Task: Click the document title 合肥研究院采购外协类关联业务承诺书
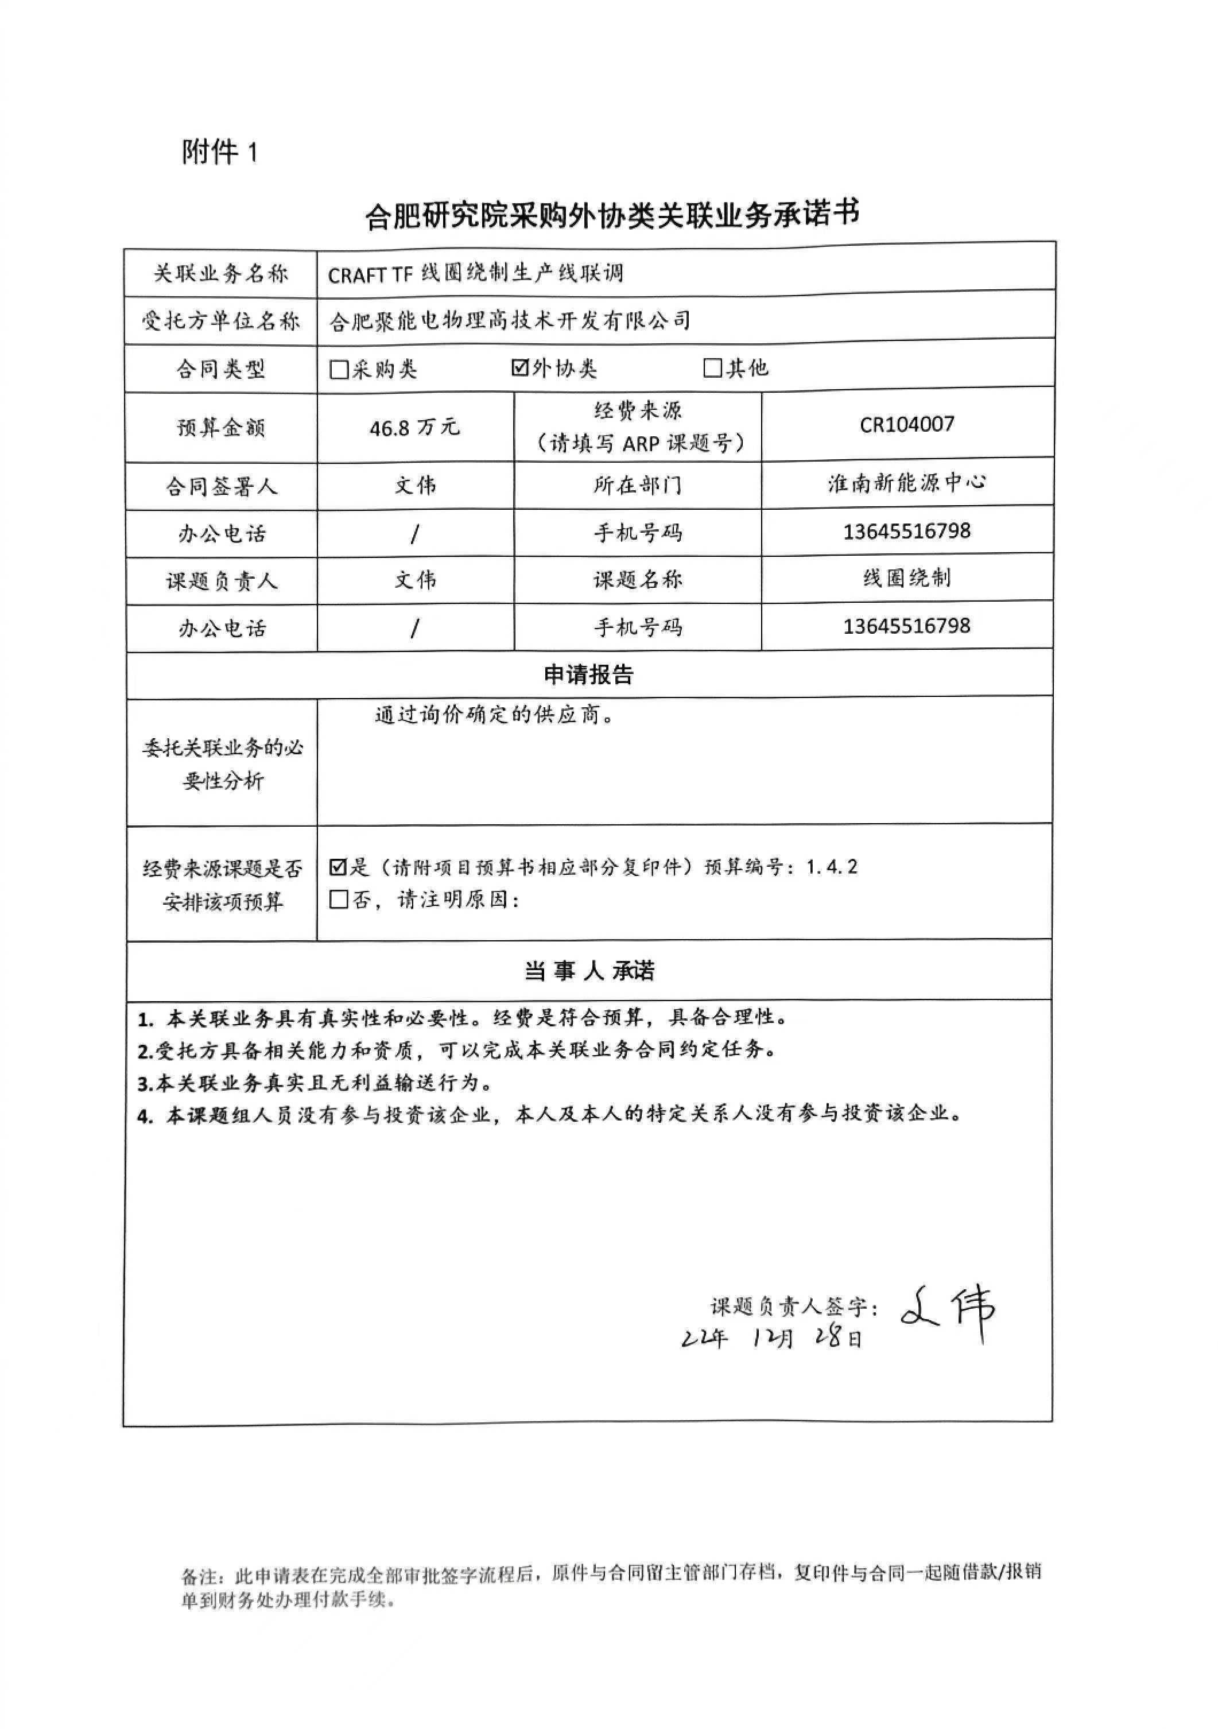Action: point(611,215)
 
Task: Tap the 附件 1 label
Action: point(219,152)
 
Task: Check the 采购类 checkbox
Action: point(339,370)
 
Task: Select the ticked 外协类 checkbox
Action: point(519,367)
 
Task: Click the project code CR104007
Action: point(906,425)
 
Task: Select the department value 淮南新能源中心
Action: point(906,483)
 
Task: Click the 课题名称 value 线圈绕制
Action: point(906,578)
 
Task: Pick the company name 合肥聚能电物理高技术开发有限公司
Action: point(510,321)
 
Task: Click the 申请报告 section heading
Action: point(589,674)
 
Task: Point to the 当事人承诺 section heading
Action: point(589,971)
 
